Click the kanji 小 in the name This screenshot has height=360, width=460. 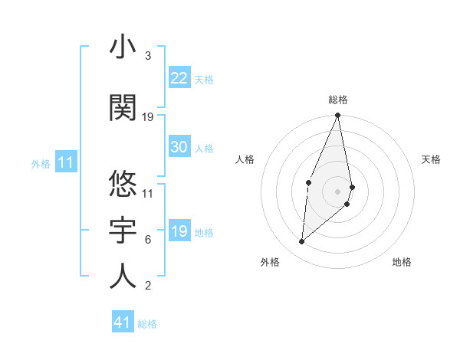pos(123,47)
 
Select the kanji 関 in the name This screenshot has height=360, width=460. pos(123,107)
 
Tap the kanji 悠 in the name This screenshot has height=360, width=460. pos(123,184)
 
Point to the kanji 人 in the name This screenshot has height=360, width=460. pos(123,276)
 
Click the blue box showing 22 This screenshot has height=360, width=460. pos(179,77)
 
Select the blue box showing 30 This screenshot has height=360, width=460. pos(179,148)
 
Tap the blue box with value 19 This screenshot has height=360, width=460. pos(179,232)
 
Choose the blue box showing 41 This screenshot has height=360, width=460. pos(123,322)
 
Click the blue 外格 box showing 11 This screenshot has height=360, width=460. pos(65,162)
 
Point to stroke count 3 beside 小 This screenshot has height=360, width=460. pos(148,56)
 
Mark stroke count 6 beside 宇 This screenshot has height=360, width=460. pos(148,240)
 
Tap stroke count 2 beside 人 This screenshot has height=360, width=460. pos(148,286)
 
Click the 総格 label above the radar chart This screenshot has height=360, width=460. pos(337,100)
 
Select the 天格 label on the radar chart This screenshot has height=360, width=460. pos(431,159)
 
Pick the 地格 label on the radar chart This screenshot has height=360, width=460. pos(402,262)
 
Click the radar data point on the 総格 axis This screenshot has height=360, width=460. pos(337,116)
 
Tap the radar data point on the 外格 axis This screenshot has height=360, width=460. pos(302,242)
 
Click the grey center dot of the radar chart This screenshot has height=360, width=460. pos(337,191)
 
